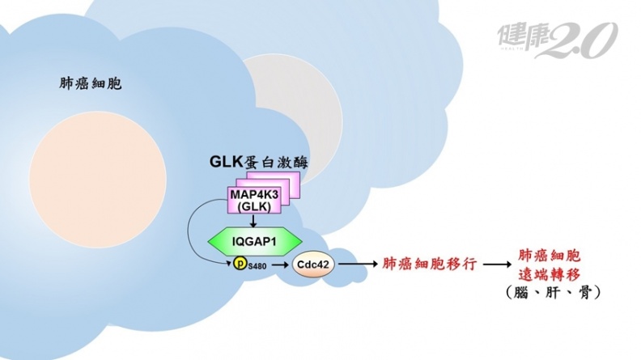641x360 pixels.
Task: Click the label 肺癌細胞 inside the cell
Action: (x=91, y=83)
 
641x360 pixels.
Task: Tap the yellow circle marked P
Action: (x=240, y=263)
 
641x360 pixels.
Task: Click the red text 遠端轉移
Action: (x=550, y=273)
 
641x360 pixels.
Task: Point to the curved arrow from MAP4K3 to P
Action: (x=194, y=235)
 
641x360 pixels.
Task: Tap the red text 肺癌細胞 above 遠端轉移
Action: (x=550, y=255)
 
